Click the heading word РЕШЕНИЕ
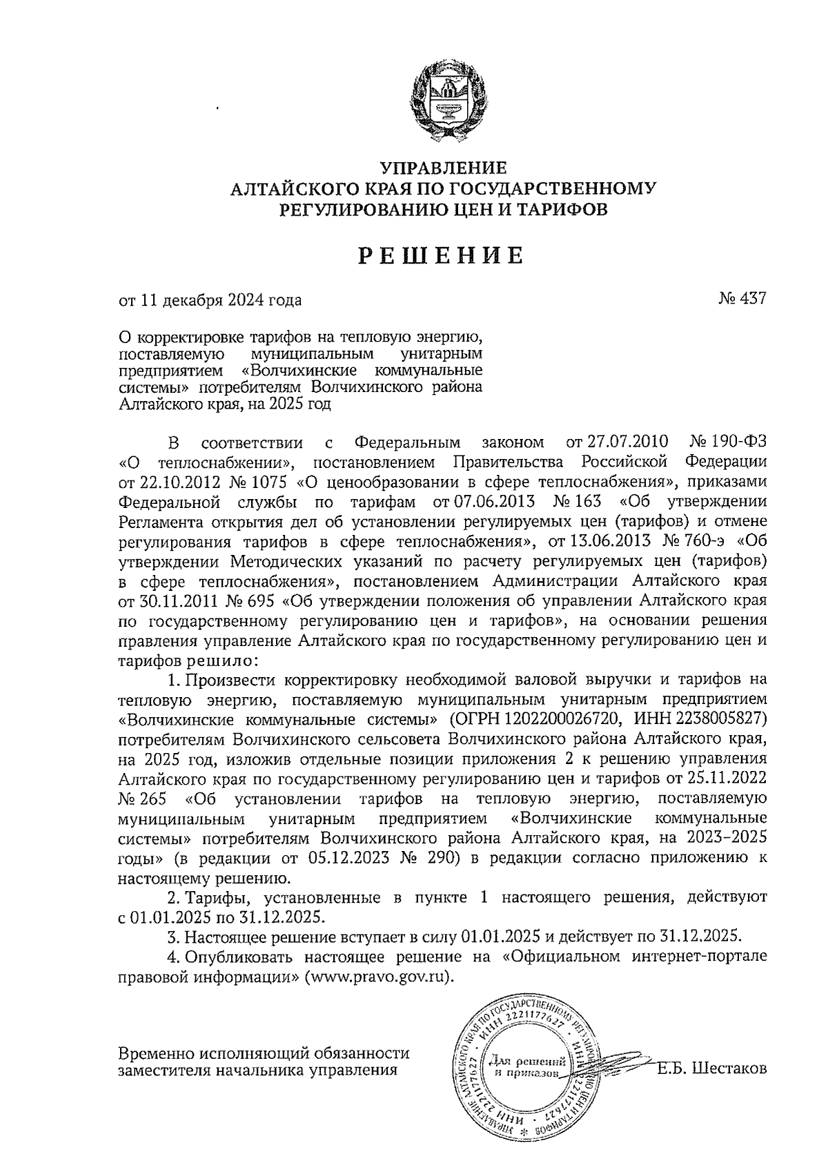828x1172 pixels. pos(441,256)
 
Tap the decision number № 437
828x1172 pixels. pos(742,300)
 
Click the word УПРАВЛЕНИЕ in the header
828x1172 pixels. pos(443,168)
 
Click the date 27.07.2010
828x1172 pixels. pos(617,442)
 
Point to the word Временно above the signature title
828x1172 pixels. pos(156,1053)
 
